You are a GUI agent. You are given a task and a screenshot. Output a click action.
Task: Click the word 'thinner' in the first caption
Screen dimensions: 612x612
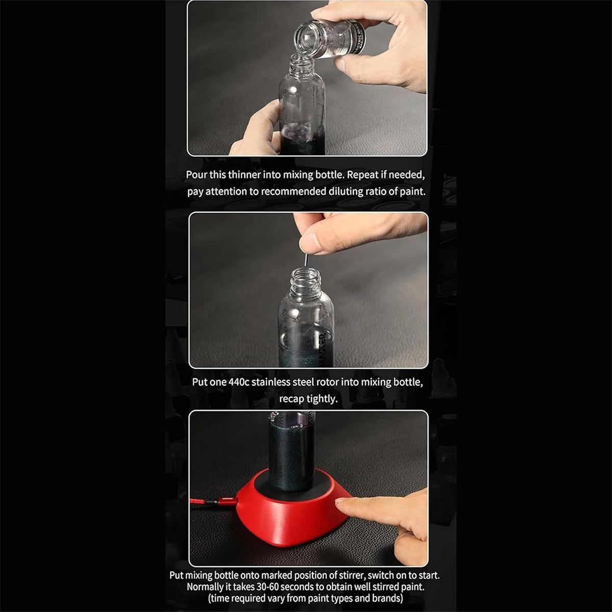[244, 175]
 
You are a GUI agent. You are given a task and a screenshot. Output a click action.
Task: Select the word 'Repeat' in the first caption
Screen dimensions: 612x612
[364, 175]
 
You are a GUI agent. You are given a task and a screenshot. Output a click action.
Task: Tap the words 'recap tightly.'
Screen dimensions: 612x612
[308, 399]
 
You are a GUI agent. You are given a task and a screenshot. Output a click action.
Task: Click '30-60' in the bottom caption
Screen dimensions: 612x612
[263, 586]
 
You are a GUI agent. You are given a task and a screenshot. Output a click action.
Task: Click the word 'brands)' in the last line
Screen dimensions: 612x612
[386, 598]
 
